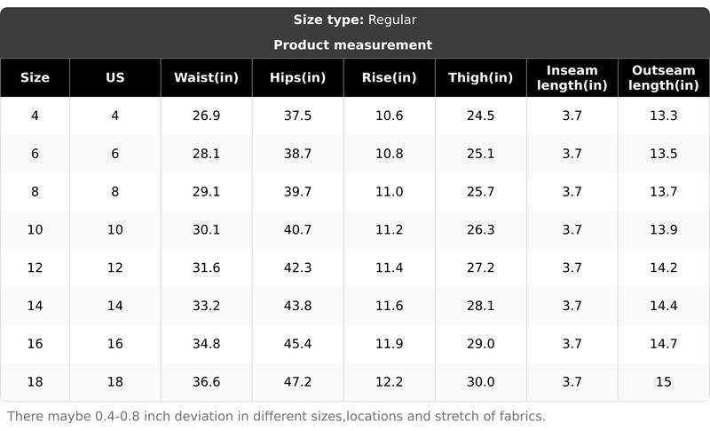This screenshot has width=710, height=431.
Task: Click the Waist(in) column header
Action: (x=206, y=77)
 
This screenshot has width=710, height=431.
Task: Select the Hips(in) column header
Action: (x=297, y=77)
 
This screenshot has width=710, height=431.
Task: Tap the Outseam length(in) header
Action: (x=664, y=77)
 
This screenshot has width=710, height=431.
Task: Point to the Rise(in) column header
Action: (x=389, y=77)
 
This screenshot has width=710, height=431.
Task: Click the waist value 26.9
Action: (x=206, y=116)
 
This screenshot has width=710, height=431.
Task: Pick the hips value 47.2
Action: (x=297, y=382)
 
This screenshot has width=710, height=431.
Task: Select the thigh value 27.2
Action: (x=480, y=267)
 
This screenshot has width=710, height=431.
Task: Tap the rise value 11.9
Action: (x=389, y=344)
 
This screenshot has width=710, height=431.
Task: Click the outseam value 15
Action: (x=663, y=382)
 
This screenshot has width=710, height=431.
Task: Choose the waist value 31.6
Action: (x=206, y=267)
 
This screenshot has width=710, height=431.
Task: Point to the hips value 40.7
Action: (x=297, y=229)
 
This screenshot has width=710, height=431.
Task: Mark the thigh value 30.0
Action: (x=480, y=382)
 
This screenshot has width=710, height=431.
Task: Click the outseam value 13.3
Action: (x=663, y=116)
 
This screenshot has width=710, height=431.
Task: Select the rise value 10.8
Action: (x=389, y=154)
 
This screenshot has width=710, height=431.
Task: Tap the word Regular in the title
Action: (x=391, y=20)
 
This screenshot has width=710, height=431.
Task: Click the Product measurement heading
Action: (x=352, y=44)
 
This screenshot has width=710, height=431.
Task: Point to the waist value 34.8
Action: (x=206, y=344)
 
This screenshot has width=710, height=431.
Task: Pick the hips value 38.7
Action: (x=297, y=154)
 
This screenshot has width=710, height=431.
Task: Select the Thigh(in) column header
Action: (x=480, y=77)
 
